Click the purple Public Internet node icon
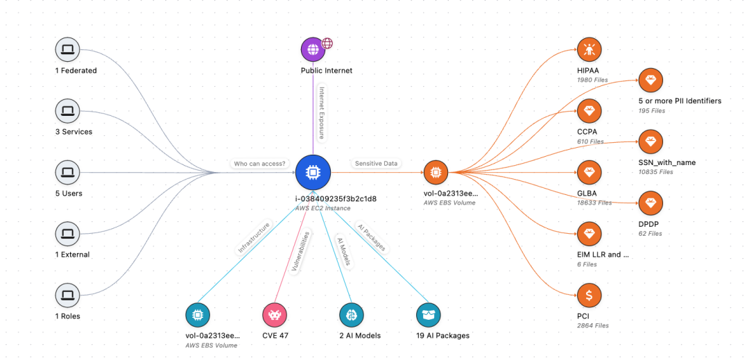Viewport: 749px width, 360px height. pos(313,49)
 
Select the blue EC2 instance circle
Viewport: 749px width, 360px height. pos(313,172)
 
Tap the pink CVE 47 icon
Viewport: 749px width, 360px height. pos(275,315)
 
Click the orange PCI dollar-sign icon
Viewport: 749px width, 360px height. pos(589,295)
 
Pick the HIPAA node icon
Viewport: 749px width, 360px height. pos(589,49)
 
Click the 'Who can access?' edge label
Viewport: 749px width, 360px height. pos(260,164)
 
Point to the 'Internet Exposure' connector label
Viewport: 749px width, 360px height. pos(322,112)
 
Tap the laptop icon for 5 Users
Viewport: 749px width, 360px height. pos(68,172)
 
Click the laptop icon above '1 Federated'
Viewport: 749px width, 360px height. pos(68,49)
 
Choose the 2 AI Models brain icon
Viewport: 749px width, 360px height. pos(352,315)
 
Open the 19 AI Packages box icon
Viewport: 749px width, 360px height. pos(429,315)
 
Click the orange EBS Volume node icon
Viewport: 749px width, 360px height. pos(436,172)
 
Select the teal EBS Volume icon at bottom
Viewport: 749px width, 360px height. pos(198,315)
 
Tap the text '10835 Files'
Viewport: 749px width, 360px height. pos(656,172)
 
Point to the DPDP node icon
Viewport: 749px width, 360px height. pos(651,203)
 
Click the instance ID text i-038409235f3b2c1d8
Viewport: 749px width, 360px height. pos(336,198)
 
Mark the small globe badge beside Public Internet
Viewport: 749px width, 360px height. pos(327,44)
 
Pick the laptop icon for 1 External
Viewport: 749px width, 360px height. pos(68,234)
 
